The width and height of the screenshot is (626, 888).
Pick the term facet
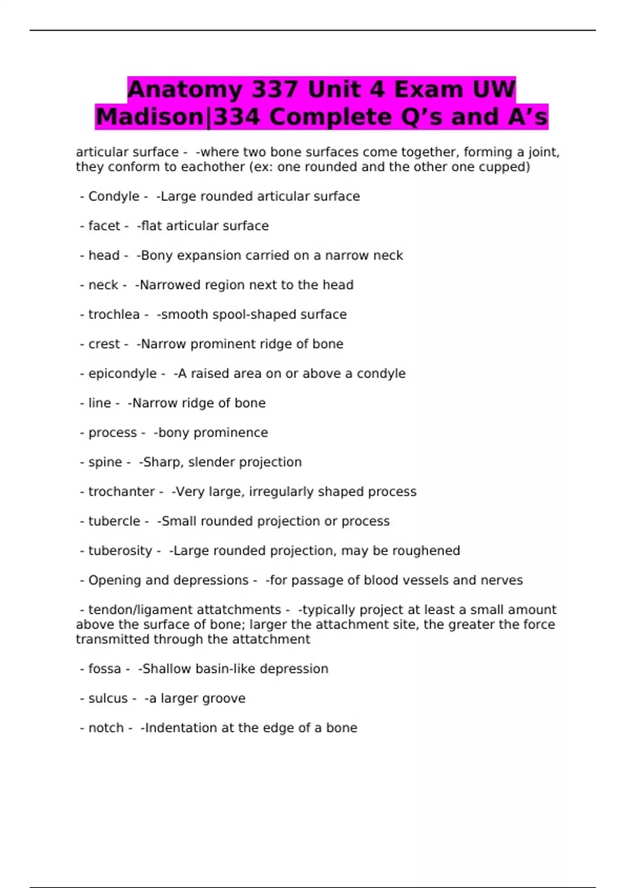[x=104, y=226]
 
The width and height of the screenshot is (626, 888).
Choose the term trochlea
[x=114, y=314]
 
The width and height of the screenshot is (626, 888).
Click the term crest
[x=104, y=344]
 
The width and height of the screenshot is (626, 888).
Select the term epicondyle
[x=122, y=373]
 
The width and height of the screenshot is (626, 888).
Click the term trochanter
[x=121, y=492]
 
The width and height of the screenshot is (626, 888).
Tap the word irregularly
[x=281, y=492]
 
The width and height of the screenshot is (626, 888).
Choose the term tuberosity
[x=120, y=551]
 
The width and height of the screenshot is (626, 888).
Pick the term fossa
[x=104, y=669]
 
